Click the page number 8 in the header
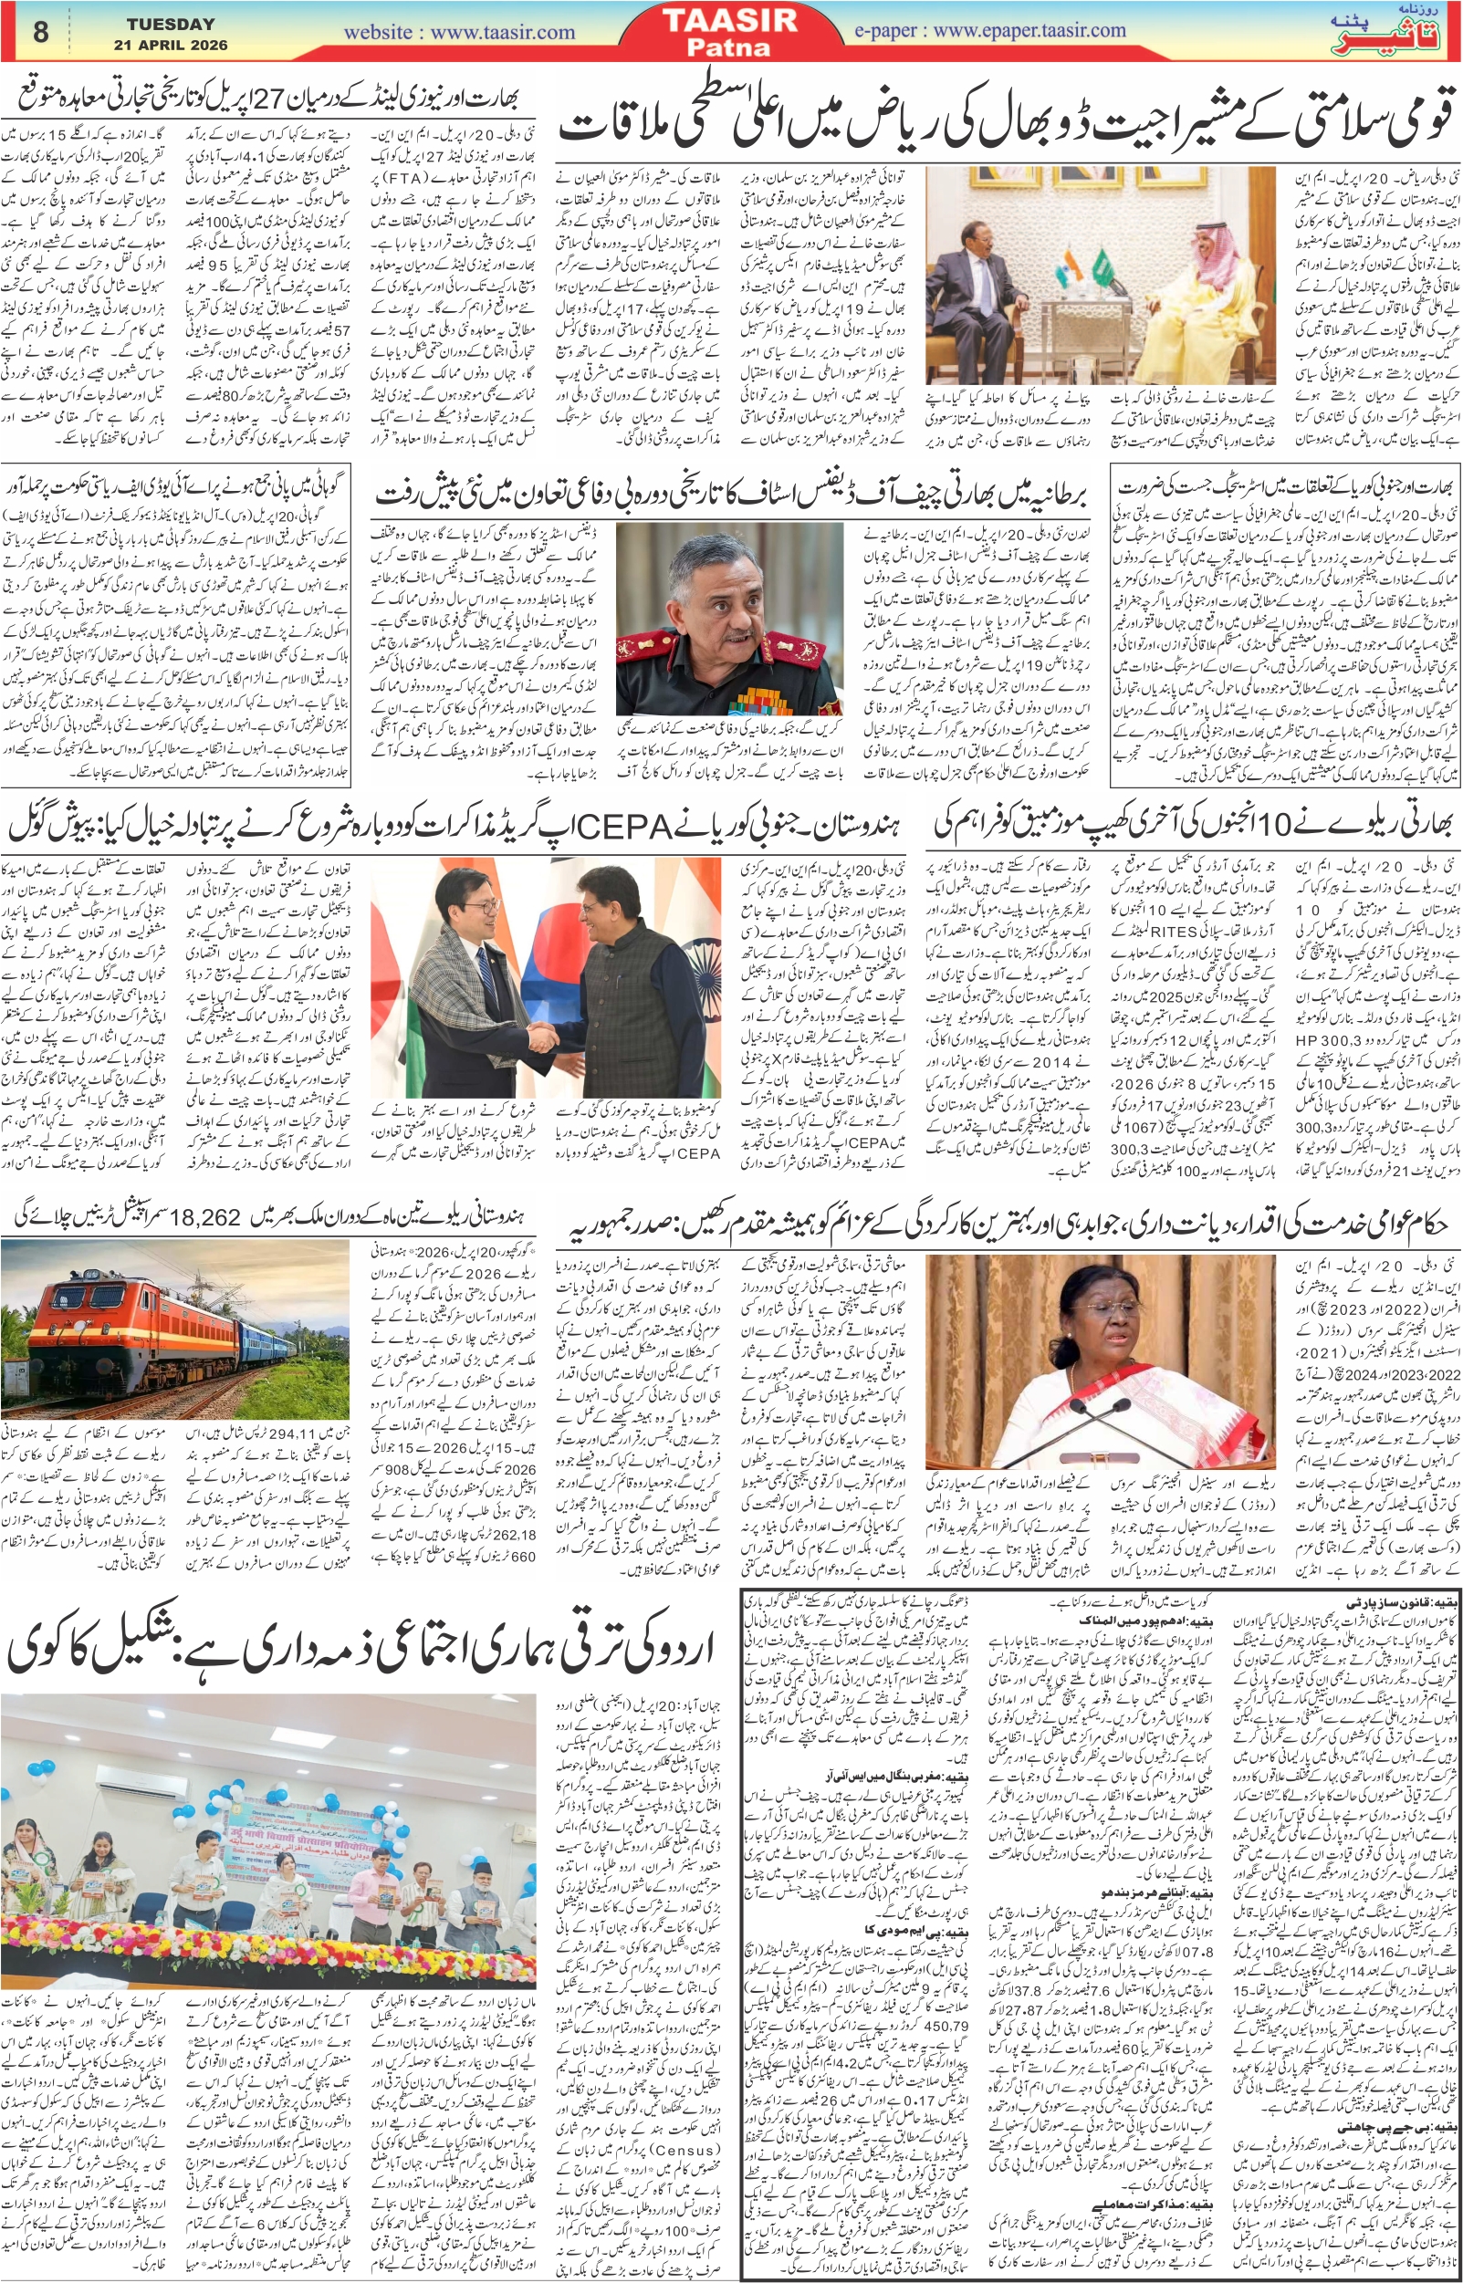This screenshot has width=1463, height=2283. pos(40,31)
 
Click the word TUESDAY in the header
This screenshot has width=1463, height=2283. pos(170,24)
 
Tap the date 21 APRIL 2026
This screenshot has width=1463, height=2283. pos(171,45)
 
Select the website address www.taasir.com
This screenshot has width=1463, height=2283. pos(503,31)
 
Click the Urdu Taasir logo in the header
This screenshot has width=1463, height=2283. pos(1397,34)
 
